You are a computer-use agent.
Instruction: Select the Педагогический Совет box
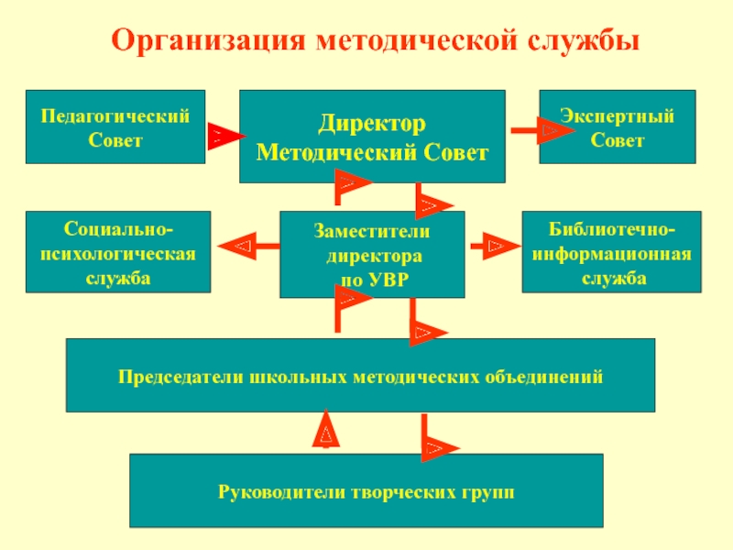pos(115,126)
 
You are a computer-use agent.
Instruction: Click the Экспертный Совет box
pos(617,126)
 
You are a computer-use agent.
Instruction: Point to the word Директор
pos(372,122)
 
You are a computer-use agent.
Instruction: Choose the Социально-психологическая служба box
pos(117,252)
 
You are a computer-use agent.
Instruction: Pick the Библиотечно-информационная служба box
pos(611,252)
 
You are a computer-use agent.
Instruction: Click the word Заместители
pos(372,233)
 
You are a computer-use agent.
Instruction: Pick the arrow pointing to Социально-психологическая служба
pos(247,246)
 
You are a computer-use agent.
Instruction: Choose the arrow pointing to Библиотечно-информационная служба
pos(492,246)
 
